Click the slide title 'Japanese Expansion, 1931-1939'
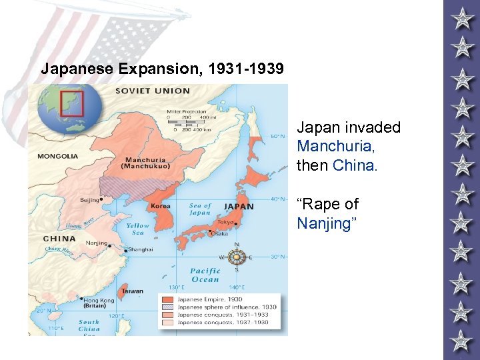[162, 69]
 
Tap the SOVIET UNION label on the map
[153, 91]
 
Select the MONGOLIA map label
[57, 156]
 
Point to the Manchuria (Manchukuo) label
[147, 163]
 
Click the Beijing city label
[89, 199]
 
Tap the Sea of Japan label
[199, 209]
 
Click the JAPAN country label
[239, 207]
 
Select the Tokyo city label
[225, 222]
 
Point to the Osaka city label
[219, 233]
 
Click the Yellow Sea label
[138, 229]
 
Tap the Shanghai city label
[141, 249]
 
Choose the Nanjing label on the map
[96, 243]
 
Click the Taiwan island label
[133, 291]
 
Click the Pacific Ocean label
[205, 275]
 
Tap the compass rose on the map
[236, 256]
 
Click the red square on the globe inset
[71, 103]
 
